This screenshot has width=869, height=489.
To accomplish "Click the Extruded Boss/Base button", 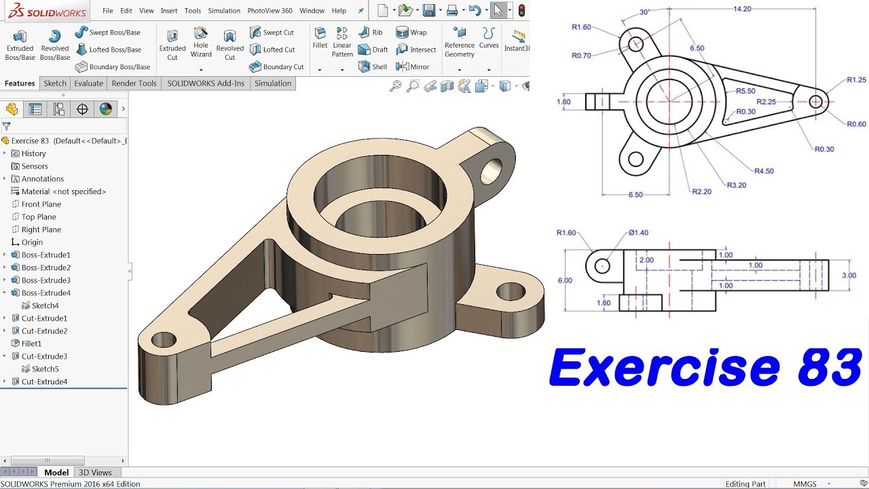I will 20,45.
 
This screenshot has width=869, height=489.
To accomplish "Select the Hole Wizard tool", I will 201,42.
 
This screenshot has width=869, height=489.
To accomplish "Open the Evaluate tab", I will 89,84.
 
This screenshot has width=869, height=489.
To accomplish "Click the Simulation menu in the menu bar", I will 224,11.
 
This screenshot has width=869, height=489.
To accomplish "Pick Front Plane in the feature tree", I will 41,204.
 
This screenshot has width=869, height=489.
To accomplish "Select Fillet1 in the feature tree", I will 31,344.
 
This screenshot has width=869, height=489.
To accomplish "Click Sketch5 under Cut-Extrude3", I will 45,369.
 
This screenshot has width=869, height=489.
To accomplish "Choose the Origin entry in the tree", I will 32,242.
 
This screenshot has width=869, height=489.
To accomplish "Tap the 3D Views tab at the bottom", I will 95,473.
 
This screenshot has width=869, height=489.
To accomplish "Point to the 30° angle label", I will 644,12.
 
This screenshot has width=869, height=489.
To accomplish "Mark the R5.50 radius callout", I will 745,91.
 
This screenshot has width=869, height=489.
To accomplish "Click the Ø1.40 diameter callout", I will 638,233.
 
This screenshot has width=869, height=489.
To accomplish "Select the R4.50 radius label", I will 764,171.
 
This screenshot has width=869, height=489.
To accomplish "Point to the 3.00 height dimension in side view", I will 849,275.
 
